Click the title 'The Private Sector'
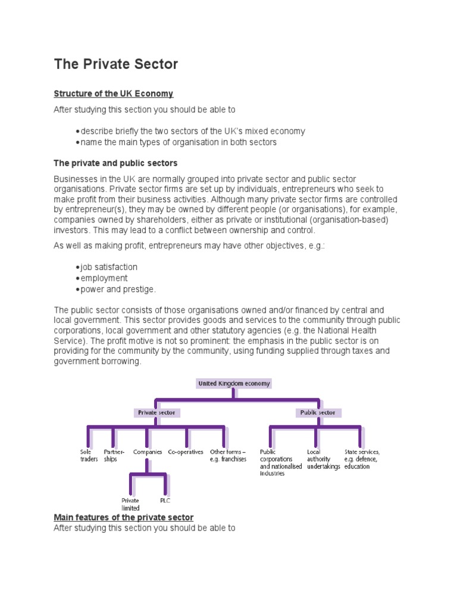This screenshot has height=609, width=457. (116, 64)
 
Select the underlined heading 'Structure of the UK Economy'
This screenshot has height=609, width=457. (114, 94)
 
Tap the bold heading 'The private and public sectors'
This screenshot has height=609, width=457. (115, 163)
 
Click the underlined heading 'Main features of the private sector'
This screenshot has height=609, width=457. (124, 517)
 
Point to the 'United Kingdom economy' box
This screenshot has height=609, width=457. (234, 384)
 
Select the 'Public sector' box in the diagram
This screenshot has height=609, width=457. (318, 412)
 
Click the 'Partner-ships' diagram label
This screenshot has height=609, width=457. (114, 456)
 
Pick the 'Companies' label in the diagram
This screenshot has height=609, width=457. (148, 452)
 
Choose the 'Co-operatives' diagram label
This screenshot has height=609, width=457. (186, 452)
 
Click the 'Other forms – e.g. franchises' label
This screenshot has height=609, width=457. (227, 456)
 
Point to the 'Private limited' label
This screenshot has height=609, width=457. (130, 504)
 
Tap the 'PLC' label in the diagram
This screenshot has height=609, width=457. (165, 501)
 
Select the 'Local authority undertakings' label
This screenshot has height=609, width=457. (323, 459)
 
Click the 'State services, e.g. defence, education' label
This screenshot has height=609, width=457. (362, 459)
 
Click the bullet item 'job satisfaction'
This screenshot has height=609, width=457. (109, 267)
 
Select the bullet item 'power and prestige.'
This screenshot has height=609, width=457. (118, 289)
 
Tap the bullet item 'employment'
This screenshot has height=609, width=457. (104, 278)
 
